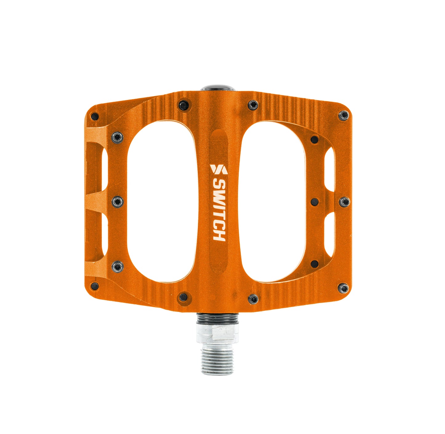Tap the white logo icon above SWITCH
tap(218, 169)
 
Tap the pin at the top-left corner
tap(95, 117)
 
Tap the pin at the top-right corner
tap(343, 116)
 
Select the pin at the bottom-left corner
tap(95, 286)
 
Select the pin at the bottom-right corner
tap(343, 288)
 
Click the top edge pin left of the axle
tap(184, 105)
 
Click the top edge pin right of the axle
tap(253, 105)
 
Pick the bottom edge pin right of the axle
tap(253, 298)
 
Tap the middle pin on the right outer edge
tap(344, 202)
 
